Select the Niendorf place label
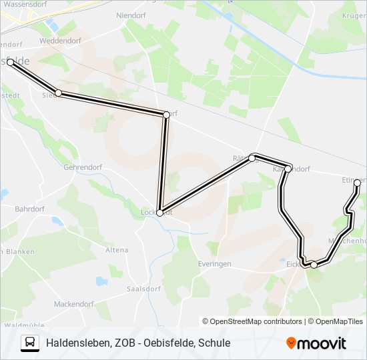coord(130,14)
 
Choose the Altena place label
coord(117,250)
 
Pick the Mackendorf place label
coord(73,304)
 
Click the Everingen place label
coord(214,264)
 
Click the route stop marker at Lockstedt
coord(159,213)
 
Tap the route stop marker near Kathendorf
coord(288,169)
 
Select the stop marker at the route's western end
coord(10,62)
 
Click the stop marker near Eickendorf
coord(314,265)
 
